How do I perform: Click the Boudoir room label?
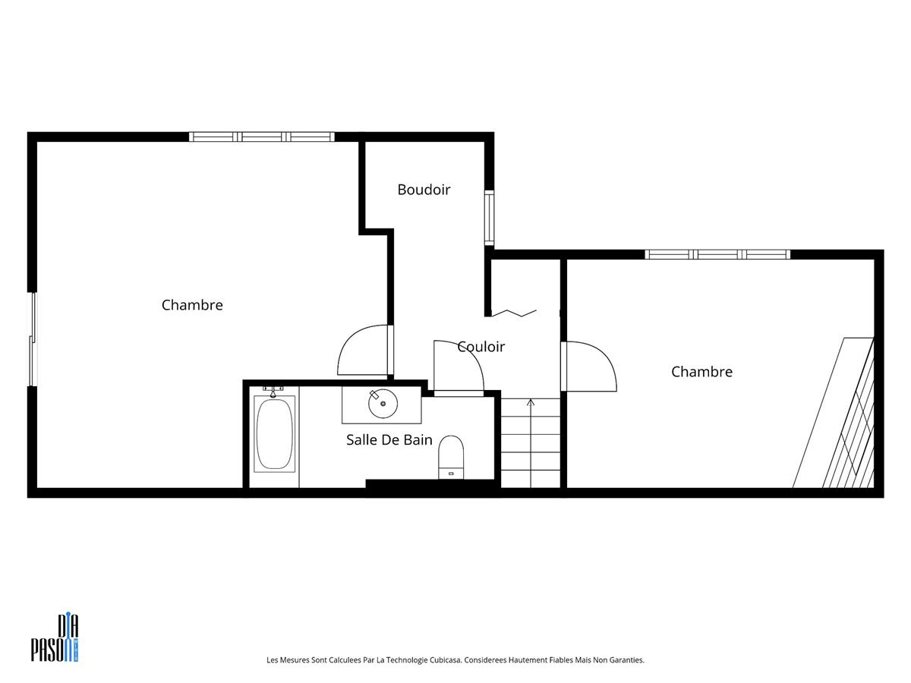[424, 190]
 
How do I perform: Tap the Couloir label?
[481, 346]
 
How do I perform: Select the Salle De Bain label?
[389, 439]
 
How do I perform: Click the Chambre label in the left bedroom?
[192, 305]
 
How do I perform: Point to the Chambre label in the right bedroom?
[701, 371]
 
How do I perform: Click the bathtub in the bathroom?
[274, 433]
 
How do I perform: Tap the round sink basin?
[383, 403]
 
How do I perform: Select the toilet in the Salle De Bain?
[451, 457]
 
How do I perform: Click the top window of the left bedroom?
[261, 137]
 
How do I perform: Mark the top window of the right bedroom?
[717, 254]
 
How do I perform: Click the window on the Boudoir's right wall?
[490, 217]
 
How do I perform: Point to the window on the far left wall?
[33, 339]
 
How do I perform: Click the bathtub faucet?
[273, 391]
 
